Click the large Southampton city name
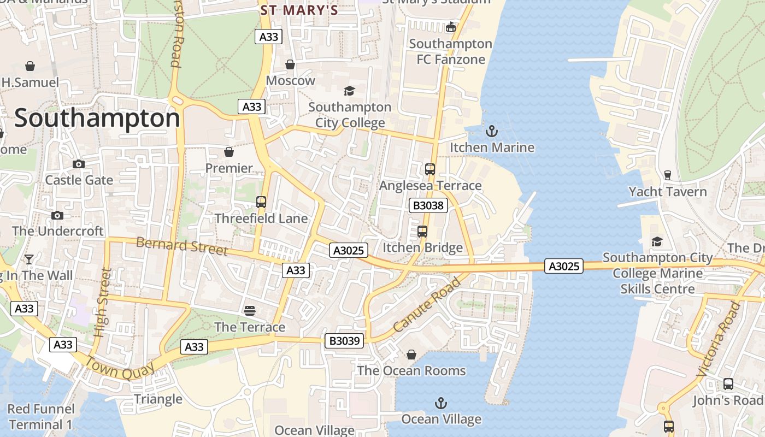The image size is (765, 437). (x=97, y=119)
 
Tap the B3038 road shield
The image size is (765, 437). (x=428, y=205)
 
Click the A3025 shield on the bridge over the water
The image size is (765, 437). (x=563, y=266)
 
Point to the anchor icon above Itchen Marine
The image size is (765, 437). (x=492, y=131)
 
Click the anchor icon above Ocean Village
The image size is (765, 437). (x=441, y=404)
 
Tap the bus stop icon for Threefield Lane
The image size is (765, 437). (x=261, y=202)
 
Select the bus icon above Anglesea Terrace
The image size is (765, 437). (x=430, y=169)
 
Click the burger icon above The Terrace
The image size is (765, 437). (x=250, y=311)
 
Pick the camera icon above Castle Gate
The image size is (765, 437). (x=79, y=164)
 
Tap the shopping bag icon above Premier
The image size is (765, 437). (x=229, y=151)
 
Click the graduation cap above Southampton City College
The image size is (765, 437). (x=349, y=91)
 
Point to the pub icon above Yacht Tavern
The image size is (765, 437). (x=667, y=175)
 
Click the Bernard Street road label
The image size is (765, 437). (x=181, y=246)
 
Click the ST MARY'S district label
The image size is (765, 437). (x=299, y=10)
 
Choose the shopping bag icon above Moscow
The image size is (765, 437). (x=290, y=64)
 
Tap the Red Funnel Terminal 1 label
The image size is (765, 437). (x=40, y=417)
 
